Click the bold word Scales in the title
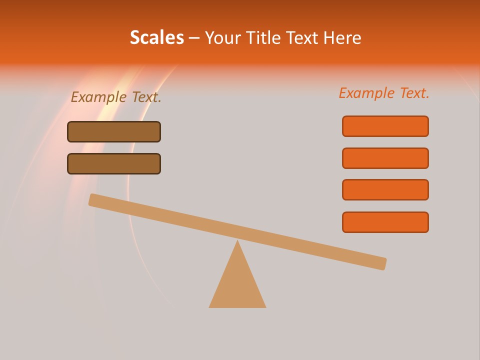pyautogui.click(x=156, y=37)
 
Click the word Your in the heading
pyautogui.click(x=222, y=38)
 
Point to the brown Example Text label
pyautogui.click(x=116, y=97)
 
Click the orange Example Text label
pyautogui.click(x=384, y=93)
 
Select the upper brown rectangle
pyautogui.click(x=114, y=131)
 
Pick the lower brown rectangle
pyautogui.click(x=114, y=163)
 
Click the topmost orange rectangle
pyautogui.click(x=385, y=126)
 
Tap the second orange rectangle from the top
pyautogui.click(x=385, y=158)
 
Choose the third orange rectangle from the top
pyautogui.click(x=385, y=190)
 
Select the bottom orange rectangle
pyautogui.click(x=385, y=222)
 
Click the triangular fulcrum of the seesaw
pyautogui.click(x=237, y=285)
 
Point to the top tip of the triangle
pyautogui.click(x=237, y=241)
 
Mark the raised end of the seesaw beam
pyautogui.click(x=93, y=199)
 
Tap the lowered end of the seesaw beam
pyautogui.click(x=382, y=263)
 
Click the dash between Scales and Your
pyautogui.click(x=194, y=38)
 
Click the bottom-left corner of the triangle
pyautogui.click(x=210, y=306)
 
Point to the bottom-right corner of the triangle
pyautogui.click(x=265, y=306)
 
